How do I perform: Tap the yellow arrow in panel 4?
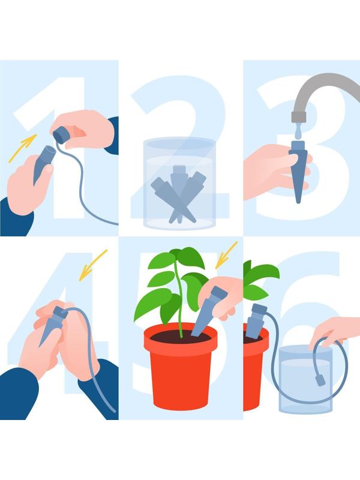[94, 265]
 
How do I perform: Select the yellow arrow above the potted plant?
[227, 254]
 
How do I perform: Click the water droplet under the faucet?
[299, 132]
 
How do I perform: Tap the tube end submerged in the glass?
[320, 380]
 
